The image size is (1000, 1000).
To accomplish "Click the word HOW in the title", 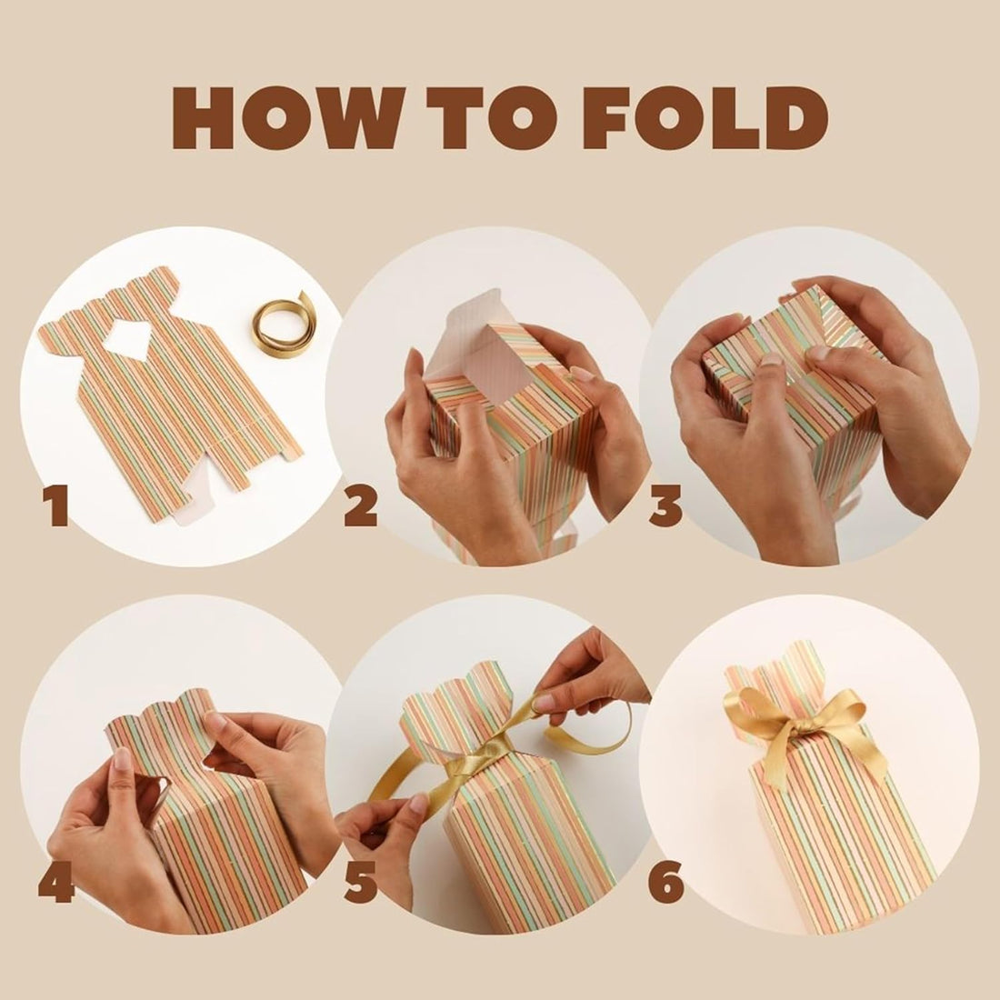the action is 285,118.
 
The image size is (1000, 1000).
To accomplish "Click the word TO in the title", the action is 489,118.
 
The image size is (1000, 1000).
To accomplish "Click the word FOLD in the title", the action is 705,118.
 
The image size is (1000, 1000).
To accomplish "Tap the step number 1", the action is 57,505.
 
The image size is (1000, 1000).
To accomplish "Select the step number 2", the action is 361,505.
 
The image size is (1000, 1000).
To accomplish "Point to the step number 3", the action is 665,505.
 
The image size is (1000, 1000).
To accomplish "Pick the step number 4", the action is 56,882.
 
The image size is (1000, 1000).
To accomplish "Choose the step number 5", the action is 361,882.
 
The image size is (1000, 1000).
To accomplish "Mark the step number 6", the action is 665,882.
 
